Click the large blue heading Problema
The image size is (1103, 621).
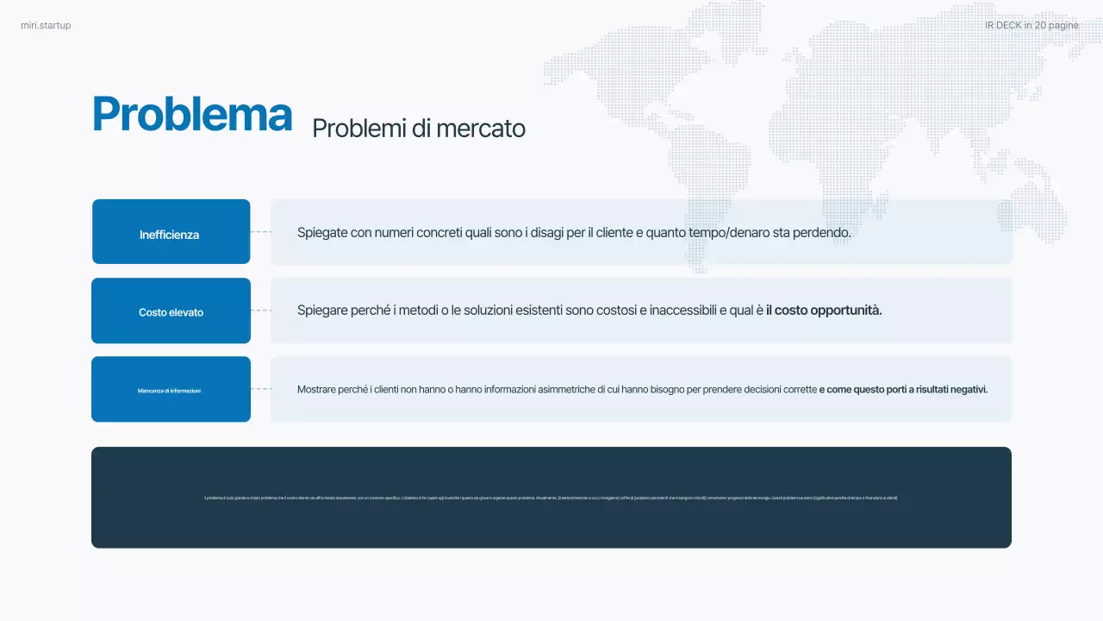[191, 115]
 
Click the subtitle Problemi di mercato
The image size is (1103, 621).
[418, 129]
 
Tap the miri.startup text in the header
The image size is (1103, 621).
[46, 26]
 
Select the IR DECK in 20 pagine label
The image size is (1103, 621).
[1031, 26]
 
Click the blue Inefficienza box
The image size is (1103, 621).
[171, 232]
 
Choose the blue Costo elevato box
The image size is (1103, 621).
[171, 311]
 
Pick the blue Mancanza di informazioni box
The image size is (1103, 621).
[171, 390]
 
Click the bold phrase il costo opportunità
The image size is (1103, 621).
[824, 310]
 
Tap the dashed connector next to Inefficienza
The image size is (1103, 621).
[260, 232]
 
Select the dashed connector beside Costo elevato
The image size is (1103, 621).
[260, 310]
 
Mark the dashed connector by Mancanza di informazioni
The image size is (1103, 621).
[260, 389]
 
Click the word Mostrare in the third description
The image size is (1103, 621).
[315, 390]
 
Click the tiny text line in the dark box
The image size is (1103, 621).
[551, 498]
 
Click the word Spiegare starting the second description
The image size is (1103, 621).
[322, 310]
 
